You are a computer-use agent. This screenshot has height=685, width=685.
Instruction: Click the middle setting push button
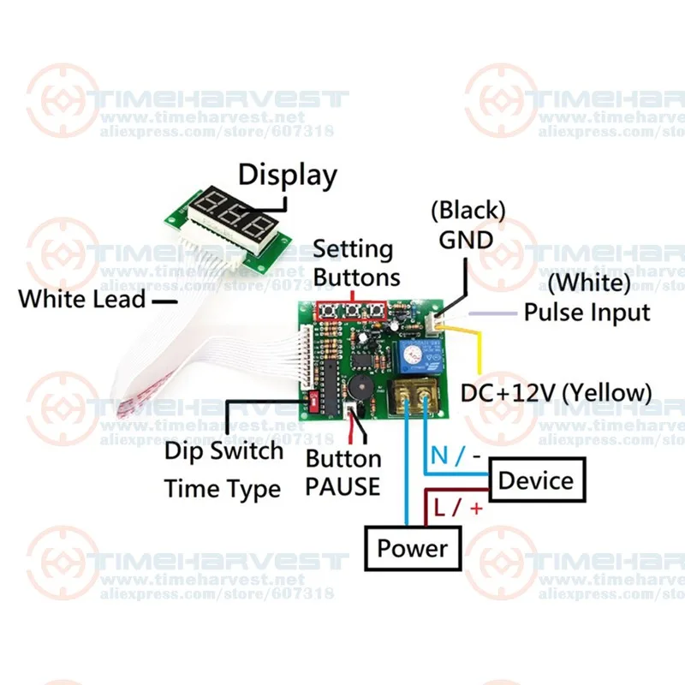tap(352, 311)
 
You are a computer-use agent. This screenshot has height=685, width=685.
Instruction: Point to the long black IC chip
tap(331, 387)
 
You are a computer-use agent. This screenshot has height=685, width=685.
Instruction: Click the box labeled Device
tap(537, 479)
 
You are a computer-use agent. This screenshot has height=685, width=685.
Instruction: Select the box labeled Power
tap(413, 548)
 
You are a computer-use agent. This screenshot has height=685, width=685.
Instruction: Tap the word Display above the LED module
tap(288, 176)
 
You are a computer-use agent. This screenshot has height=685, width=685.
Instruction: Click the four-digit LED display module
tap(228, 227)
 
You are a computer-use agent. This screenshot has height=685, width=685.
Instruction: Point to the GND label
tap(466, 240)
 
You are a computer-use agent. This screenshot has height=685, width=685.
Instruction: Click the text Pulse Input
tap(587, 313)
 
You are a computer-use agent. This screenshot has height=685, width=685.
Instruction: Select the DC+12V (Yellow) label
tap(556, 393)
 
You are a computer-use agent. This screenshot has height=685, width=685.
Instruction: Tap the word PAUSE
tap(343, 486)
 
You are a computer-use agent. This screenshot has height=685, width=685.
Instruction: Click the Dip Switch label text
tap(223, 451)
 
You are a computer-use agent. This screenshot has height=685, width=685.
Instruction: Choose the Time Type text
tap(223, 488)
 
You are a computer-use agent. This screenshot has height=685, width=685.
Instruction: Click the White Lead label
tap(82, 299)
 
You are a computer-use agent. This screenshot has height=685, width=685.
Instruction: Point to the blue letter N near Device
tap(439, 456)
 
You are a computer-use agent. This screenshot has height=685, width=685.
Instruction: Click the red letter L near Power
tap(439, 508)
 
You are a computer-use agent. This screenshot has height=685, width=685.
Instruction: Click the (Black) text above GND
tap(468, 210)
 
